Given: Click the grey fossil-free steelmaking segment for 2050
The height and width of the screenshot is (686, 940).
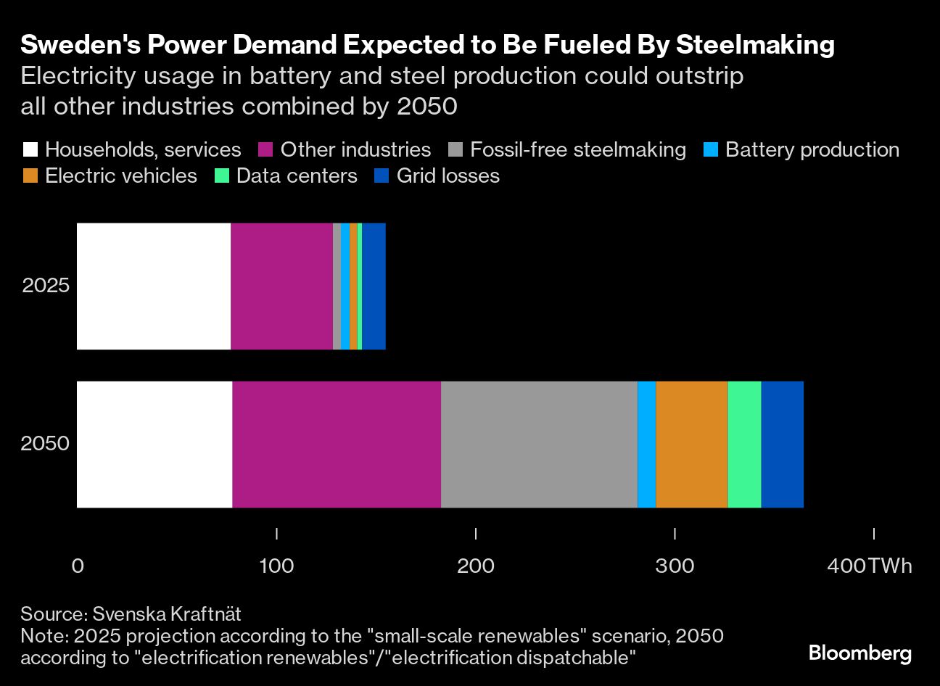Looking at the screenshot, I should pyautogui.click(x=539, y=445).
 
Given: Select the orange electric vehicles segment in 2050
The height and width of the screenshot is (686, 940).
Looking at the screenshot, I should pyautogui.click(x=691, y=445).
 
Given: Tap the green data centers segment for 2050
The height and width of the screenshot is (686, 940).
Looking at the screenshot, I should pyautogui.click(x=744, y=445).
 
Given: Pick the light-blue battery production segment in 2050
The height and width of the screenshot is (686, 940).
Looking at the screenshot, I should pyautogui.click(x=646, y=445).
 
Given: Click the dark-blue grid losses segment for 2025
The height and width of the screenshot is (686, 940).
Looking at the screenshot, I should pyautogui.click(x=374, y=286).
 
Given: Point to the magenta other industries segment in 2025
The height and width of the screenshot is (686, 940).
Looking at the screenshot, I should pyautogui.click(x=281, y=286).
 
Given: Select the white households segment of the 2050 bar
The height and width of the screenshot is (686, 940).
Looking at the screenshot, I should pyautogui.click(x=154, y=445).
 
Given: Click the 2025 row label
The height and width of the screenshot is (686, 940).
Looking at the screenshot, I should pyautogui.click(x=46, y=285).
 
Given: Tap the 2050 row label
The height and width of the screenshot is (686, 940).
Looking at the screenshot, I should pyautogui.click(x=45, y=443).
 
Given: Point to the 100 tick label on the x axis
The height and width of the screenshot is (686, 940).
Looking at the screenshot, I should pyautogui.click(x=276, y=566).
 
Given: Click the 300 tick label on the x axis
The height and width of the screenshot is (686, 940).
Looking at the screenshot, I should pyautogui.click(x=675, y=566).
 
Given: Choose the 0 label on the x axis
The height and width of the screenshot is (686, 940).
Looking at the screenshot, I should pyautogui.click(x=78, y=566).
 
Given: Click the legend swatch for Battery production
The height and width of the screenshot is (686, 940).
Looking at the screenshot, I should pyautogui.click(x=711, y=150).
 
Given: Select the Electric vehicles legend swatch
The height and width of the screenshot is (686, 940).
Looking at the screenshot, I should pyautogui.click(x=30, y=176).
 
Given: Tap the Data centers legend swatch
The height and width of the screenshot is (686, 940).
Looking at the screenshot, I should pyautogui.click(x=222, y=176).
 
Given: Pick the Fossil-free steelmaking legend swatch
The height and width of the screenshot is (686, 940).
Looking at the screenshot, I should pyautogui.click(x=455, y=150).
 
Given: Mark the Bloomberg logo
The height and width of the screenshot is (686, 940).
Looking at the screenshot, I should pyautogui.click(x=859, y=653).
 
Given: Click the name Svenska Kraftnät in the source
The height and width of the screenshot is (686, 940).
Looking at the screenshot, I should pyautogui.click(x=167, y=614).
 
